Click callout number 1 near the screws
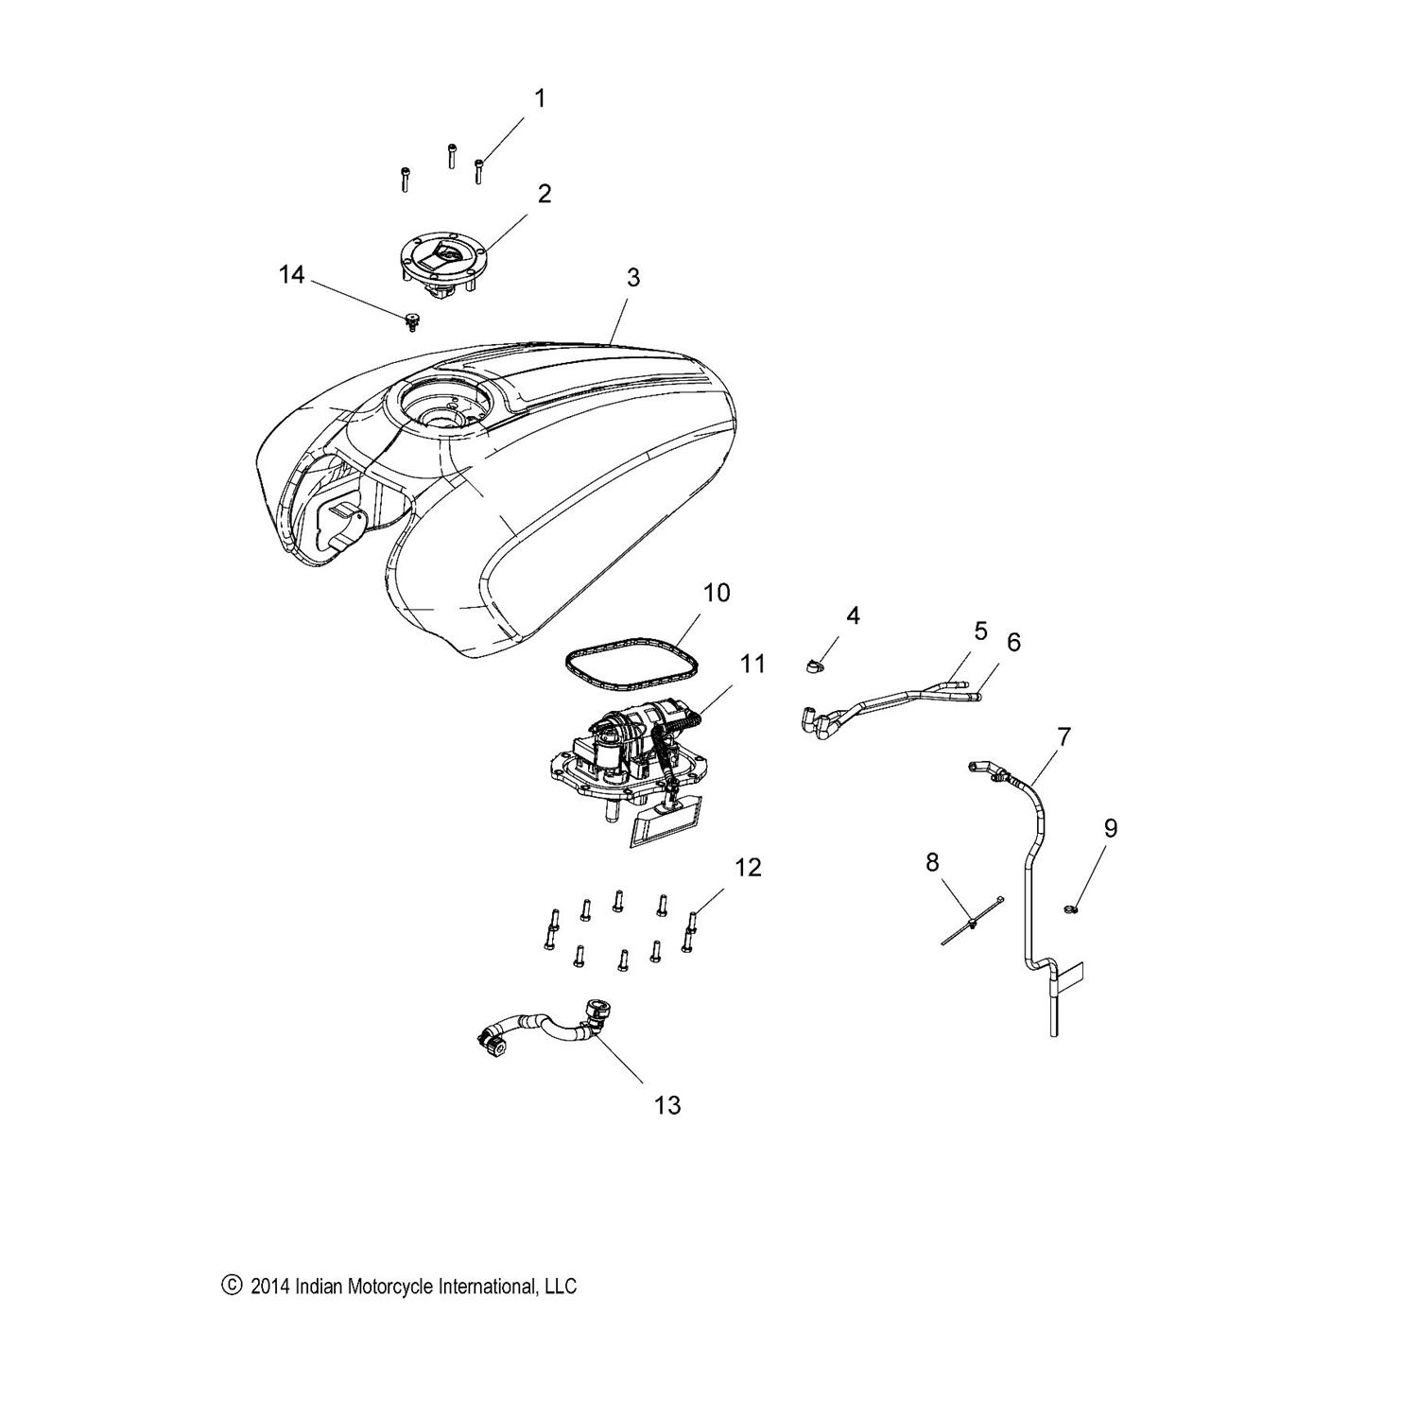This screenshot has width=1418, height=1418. [540, 98]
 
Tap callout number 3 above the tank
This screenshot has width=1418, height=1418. [633, 277]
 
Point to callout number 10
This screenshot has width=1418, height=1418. [717, 593]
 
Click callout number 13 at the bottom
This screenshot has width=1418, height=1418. [667, 1104]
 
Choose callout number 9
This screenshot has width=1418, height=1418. [1111, 828]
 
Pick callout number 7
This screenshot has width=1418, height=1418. [1063, 735]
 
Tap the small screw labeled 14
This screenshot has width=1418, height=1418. [411, 323]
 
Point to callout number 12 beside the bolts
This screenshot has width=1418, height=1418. [748, 867]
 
